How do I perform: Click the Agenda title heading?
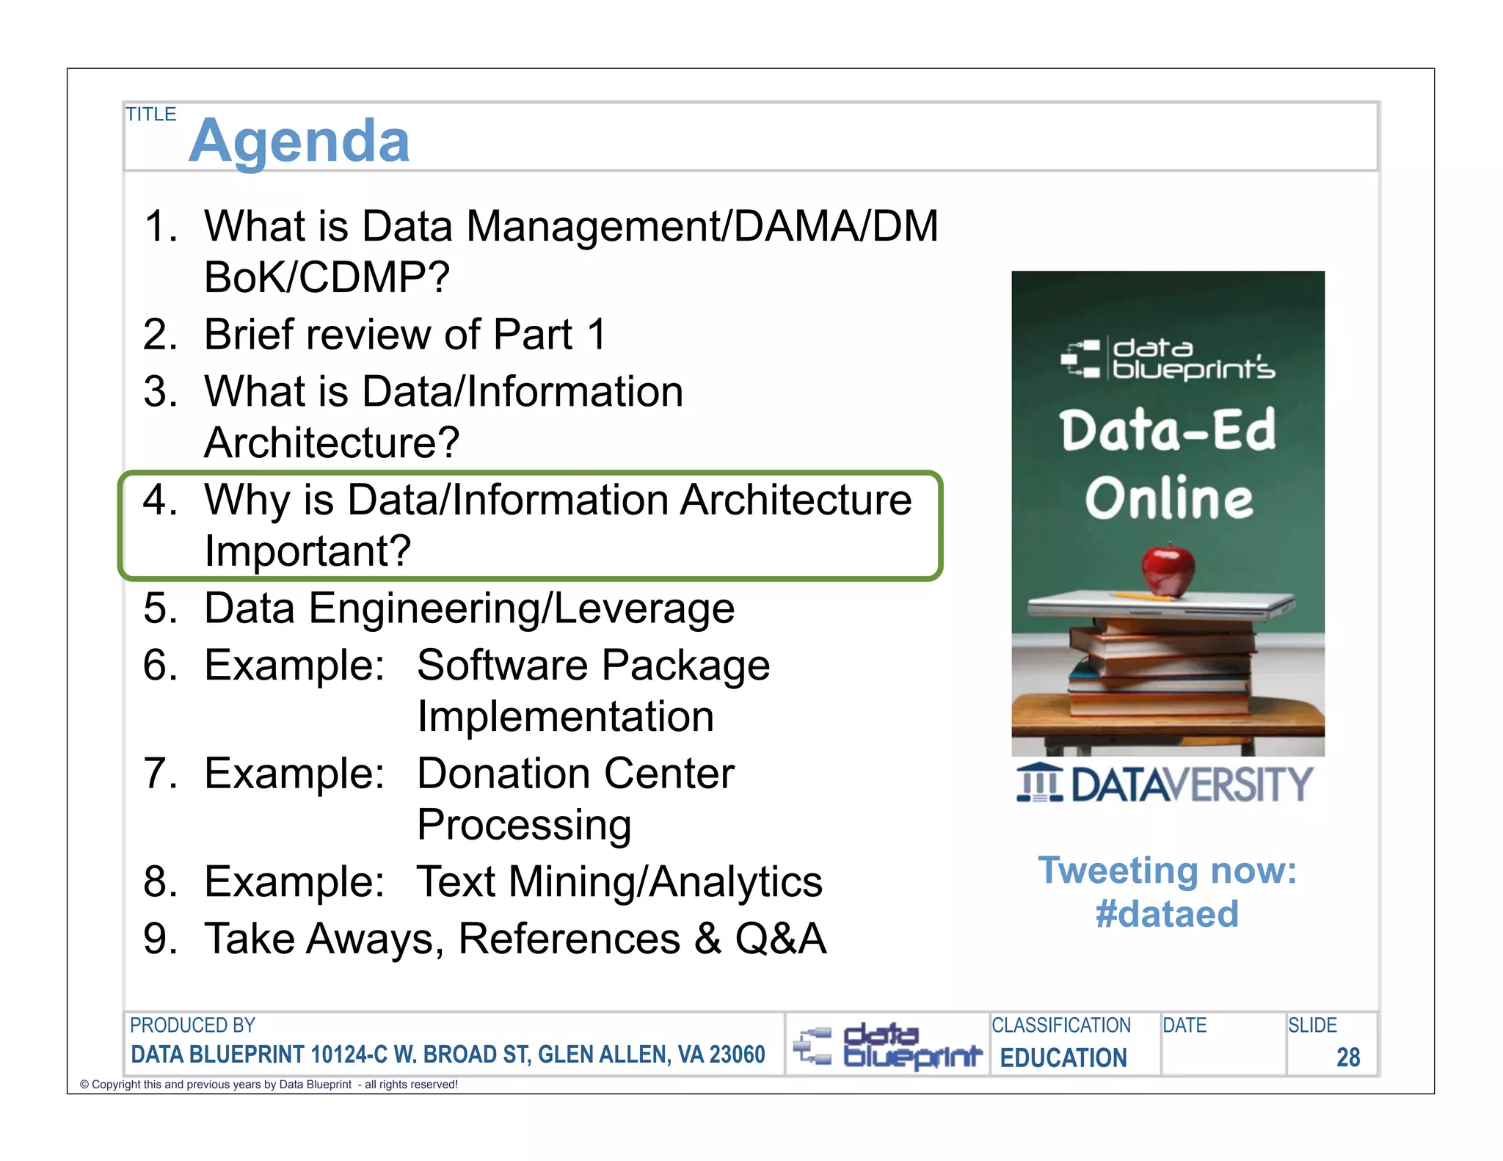[x=299, y=140]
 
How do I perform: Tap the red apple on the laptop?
[x=1168, y=569]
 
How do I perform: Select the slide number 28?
[x=1347, y=1057]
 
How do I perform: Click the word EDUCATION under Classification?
[x=1063, y=1058]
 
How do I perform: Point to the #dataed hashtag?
[x=1167, y=914]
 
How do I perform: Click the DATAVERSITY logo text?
[x=1190, y=785]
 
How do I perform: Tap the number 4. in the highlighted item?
[x=160, y=500]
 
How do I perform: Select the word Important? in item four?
[x=307, y=550]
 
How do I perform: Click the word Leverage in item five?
[x=644, y=608]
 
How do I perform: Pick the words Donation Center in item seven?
[x=575, y=774]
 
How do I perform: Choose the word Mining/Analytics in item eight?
[x=665, y=881]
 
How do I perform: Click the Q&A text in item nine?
[x=781, y=939]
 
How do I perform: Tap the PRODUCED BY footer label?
[x=192, y=1025]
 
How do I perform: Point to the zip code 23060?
[x=737, y=1055]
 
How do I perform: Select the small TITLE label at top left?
[x=150, y=114]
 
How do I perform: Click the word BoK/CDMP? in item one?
[x=327, y=277]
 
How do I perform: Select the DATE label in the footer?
[x=1184, y=1025]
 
